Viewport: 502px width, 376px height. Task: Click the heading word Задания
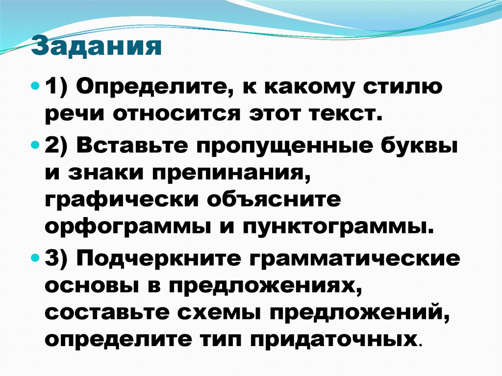coord(97,48)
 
